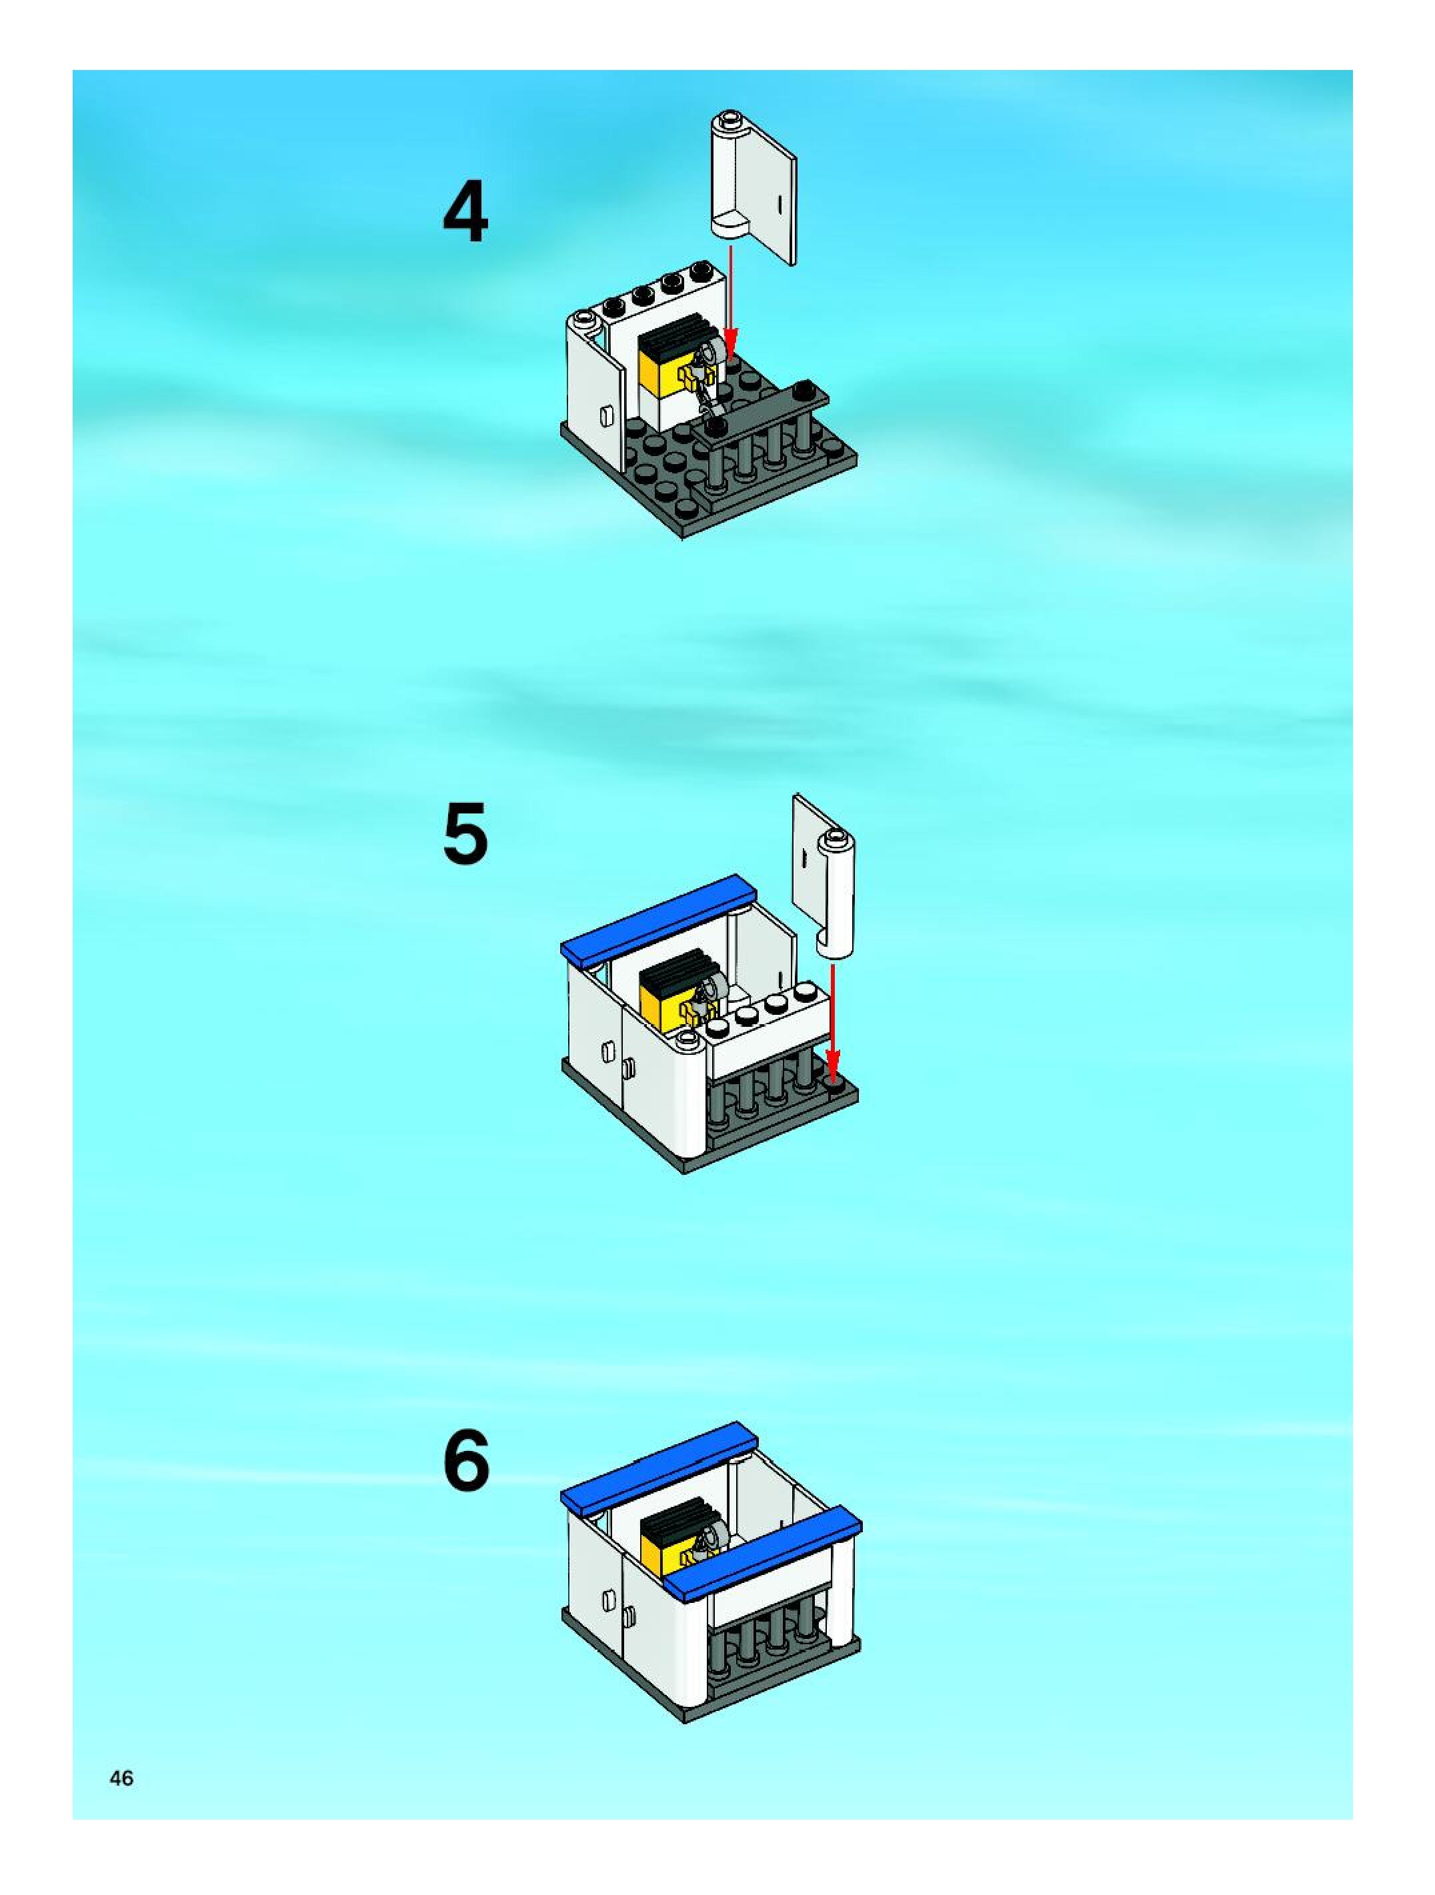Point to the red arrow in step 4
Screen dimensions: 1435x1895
(729, 301)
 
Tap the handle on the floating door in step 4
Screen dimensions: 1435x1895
(780, 205)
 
